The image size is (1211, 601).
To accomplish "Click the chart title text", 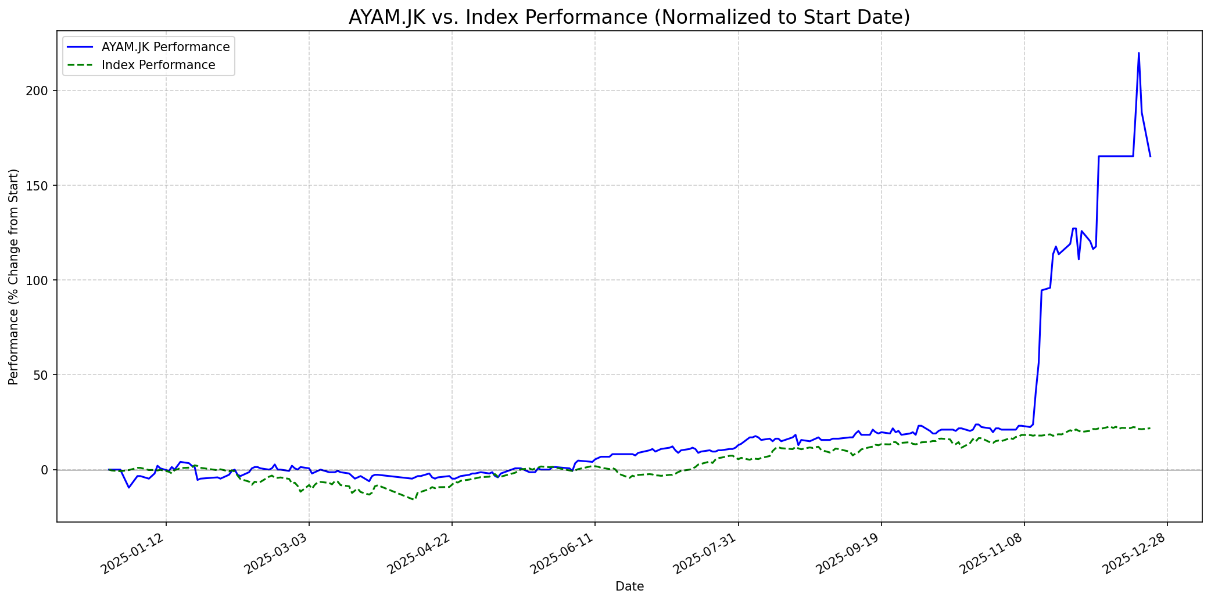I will click(629, 17).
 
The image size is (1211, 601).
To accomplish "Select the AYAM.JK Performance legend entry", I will click(165, 47).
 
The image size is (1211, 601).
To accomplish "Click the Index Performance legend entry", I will click(158, 65).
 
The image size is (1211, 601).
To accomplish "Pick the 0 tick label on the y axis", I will click(48, 470).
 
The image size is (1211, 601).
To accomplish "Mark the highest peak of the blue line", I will click(1138, 53).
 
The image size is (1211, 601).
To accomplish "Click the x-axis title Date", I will click(629, 587).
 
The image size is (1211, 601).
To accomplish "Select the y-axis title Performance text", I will click(14, 276).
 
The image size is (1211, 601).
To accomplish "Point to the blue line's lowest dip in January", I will click(129, 487).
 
